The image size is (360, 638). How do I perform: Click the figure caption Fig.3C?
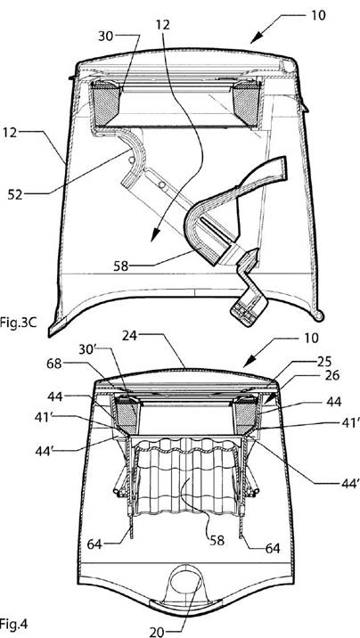click(x=14, y=325)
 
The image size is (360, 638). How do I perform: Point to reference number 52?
click(x=16, y=194)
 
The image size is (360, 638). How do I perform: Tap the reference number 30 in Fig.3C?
click(x=106, y=36)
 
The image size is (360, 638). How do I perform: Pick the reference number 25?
click(x=323, y=361)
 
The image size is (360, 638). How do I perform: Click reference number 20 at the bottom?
click(x=158, y=632)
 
